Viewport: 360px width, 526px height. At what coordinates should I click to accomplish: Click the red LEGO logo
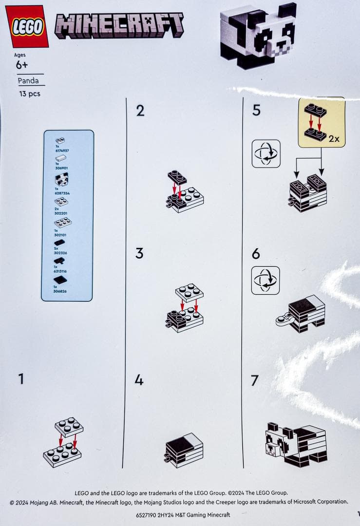tap(27, 26)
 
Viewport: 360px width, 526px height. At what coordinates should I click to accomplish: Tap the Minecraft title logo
tap(119, 25)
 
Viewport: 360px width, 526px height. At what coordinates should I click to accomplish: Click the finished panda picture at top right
tap(259, 37)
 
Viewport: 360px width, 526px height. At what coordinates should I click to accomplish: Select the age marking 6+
tap(21, 65)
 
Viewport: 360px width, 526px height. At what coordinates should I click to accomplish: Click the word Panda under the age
tap(28, 81)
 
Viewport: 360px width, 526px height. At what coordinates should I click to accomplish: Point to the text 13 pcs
tap(30, 94)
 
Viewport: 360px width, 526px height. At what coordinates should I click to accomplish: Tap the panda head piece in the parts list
tap(62, 180)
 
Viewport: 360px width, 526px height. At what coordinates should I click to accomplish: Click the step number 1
tap(21, 379)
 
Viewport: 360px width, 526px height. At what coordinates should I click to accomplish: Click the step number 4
tap(139, 380)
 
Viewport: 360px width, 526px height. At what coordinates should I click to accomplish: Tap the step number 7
tap(254, 380)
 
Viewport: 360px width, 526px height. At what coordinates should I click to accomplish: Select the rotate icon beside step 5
tap(265, 153)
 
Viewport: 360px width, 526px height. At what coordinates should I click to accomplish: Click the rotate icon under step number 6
tap(265, 280)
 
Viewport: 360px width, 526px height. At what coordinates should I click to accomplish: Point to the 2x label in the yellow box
tap(334, 138)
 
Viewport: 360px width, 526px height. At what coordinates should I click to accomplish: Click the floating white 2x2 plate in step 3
tap(189, 293)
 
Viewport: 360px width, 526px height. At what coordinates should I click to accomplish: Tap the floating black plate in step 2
tap(177, 176)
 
